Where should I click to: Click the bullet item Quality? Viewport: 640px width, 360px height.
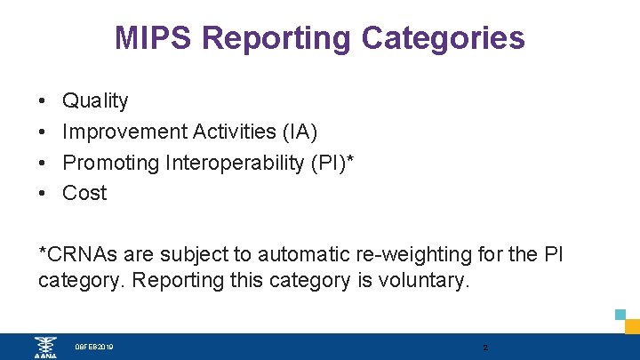pos(95,101)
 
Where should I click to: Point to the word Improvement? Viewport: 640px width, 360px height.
pos(124,132)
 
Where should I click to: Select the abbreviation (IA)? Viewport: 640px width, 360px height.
pos(299,132)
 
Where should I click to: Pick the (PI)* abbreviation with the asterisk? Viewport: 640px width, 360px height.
pos(331,163)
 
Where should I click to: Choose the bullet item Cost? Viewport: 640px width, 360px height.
pos(84,193)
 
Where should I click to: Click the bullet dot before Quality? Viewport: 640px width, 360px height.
pos(43,101)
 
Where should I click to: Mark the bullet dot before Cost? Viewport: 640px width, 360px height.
pos(43,193)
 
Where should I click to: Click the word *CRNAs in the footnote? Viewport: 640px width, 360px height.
pos(79,254)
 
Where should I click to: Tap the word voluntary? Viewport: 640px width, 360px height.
pos(431,281)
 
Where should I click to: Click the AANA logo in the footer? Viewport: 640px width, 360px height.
pos(44,347)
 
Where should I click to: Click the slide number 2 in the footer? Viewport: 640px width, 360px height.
pos(484,347)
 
